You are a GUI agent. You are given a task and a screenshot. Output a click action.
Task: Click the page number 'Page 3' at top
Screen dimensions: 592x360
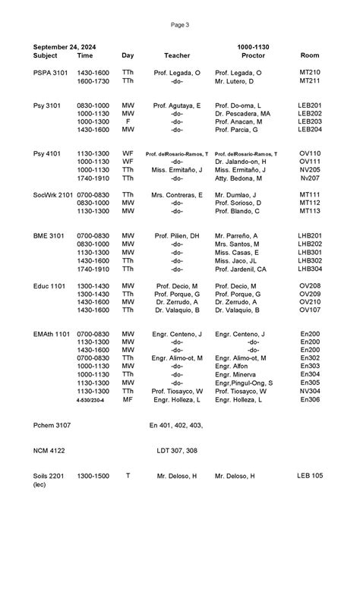(x=180, y=24)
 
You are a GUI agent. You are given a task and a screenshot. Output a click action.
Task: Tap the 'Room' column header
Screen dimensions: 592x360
(x=310, y=56)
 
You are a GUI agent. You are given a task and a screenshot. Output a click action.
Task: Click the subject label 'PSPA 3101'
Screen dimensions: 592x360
(x=51, y=73)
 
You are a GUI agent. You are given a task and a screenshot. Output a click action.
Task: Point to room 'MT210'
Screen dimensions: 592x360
(x=310, y=73)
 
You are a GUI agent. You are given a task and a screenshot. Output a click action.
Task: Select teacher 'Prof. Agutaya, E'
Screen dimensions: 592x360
(x=177, y=105)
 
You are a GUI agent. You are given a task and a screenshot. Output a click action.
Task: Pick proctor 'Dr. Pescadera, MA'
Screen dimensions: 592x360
(x=243, y=113)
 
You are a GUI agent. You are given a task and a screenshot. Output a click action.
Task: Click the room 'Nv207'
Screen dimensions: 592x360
(x=310, y=178)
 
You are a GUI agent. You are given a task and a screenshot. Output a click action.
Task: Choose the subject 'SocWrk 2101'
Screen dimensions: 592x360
(x=54, y=195)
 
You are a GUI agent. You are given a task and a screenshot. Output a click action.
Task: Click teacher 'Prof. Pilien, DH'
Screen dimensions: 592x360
(x=177, y=236)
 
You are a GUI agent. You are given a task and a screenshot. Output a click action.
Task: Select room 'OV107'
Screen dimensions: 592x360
(x=310, y=310)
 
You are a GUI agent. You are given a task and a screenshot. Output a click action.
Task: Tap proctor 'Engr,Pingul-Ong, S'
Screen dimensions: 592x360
(x=244, y=383)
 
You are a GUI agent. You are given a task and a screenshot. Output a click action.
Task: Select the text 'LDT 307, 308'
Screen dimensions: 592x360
(x=177, y=450)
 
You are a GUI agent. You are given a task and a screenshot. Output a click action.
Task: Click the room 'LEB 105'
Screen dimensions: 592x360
(x=310, y=476)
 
